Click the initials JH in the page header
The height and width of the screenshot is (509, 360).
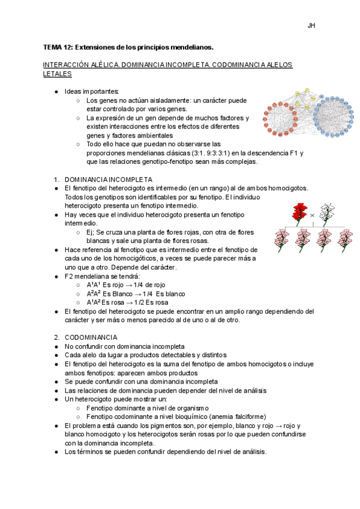pos(311,26)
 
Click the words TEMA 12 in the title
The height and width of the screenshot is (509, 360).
pos(58,47)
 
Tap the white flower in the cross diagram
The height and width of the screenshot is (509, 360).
pos(326,212)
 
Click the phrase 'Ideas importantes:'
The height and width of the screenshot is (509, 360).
pos(92,91)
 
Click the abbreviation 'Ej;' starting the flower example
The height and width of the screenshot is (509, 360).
pos(92,232)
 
